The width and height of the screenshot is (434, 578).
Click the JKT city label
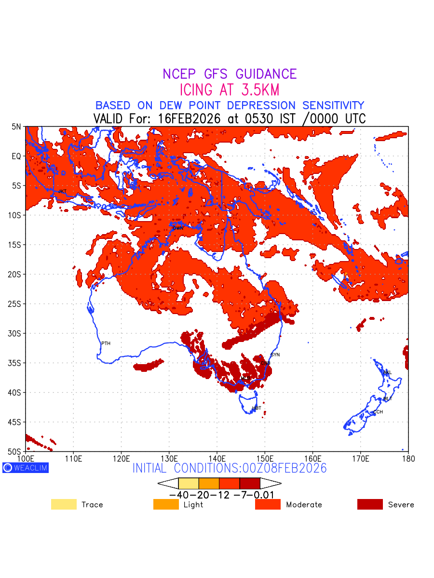[x=62, y=192]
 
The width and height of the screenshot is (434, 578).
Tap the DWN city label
[x=178, y=228]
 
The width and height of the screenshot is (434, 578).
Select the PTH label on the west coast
[x=106, y=343]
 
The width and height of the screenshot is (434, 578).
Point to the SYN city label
[x=275, y=355]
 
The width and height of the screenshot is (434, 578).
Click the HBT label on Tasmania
[x=257, y=408]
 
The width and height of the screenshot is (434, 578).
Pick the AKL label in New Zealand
[x=387, y=373]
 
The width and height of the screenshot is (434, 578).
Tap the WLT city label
[x=388, y=399]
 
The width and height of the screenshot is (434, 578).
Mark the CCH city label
[x=378, y=412]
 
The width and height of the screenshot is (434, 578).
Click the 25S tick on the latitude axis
[x=16, y=304]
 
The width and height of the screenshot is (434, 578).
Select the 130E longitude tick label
[x=169, y=458]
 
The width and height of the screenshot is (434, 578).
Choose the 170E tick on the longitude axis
[x=360, y=458]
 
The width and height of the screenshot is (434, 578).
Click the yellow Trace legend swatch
[x=64, y=504]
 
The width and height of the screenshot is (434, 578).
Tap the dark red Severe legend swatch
[x=370, y=504]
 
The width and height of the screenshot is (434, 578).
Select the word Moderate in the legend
[x=304, y=505]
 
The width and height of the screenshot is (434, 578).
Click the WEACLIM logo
[x=26, y=468]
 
